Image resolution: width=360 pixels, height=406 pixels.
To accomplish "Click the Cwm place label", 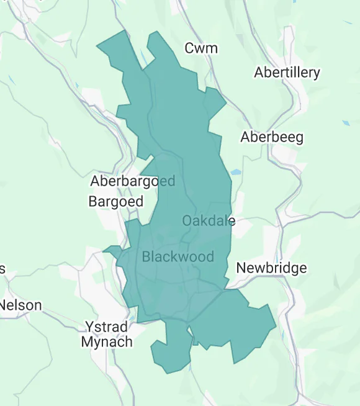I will [x=202, y=48].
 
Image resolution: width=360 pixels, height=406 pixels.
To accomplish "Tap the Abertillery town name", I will [x=287, y=73].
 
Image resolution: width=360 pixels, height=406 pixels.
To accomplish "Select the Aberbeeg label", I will [x=272, y=137].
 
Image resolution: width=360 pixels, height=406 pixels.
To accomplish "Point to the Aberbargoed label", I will [x=133, y=181].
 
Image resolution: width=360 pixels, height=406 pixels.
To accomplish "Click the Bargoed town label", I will [x=116, y=201].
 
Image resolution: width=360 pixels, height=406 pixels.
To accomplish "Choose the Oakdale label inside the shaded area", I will [x=209, y=220].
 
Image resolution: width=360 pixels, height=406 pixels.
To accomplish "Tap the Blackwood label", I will [x=178, y=256].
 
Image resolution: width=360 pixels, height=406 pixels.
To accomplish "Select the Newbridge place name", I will [x=272, y=268].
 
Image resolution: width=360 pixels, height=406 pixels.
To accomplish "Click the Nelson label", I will [x=21, y=305].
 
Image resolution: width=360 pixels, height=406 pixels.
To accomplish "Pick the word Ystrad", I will [x=106, y=327].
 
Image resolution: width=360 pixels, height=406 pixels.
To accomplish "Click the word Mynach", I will [x=107, y=342].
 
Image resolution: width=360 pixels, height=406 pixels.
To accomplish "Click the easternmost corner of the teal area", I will [x=276, y=324].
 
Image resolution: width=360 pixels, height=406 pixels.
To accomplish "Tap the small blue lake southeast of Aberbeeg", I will [x=236, y=172].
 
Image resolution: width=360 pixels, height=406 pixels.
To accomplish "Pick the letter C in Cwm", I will [x=190, y=48].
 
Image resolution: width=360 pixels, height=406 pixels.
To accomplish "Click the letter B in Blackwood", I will [x=146, y=256].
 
